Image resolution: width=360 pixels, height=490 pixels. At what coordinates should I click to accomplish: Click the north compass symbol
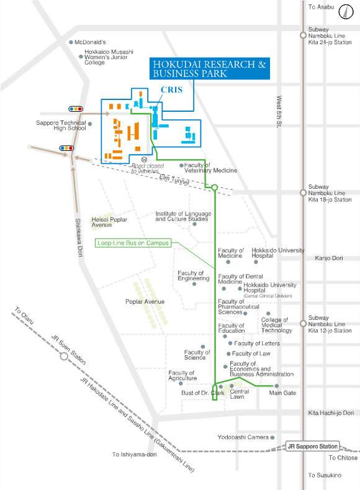(346, 12)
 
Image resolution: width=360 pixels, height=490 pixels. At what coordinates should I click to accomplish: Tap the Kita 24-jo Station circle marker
(302, 35)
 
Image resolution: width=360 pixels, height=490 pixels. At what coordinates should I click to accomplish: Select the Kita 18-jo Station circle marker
(302, 193)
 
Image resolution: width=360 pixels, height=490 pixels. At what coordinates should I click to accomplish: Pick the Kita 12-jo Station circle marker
(302, 324)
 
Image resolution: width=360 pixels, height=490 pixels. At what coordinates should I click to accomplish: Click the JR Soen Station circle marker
(64, 356)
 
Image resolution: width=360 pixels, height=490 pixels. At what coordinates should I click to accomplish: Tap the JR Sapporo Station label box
(313, 447)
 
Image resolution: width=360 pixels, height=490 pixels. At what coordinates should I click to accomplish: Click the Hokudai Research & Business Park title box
(210, 69)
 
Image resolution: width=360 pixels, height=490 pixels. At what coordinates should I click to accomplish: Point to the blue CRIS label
(171, 89)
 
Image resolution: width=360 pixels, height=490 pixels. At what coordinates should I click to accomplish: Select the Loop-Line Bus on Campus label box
(133, 243)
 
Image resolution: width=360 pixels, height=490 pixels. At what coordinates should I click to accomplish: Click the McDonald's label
(90, 42)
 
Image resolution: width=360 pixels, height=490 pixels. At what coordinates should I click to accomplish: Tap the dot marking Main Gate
(277, 386)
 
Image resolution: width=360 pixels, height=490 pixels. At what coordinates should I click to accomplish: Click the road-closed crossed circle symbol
(144, 160)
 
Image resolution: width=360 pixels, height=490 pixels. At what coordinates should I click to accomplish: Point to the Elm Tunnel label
(174, 179)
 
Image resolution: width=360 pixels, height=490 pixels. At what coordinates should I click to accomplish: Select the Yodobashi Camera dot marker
(272, 437)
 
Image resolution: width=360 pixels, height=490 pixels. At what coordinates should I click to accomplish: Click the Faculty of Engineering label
(194, 276)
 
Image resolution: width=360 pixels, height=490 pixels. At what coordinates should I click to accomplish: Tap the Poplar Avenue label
(145, 302)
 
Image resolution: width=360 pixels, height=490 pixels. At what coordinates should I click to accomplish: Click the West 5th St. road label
(279, 112)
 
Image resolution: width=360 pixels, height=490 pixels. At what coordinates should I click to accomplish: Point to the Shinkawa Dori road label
(79, 237)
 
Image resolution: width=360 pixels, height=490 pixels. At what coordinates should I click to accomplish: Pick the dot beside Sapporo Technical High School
(90, 124)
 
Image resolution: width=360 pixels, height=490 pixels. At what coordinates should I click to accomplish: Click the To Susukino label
(325, 475)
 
